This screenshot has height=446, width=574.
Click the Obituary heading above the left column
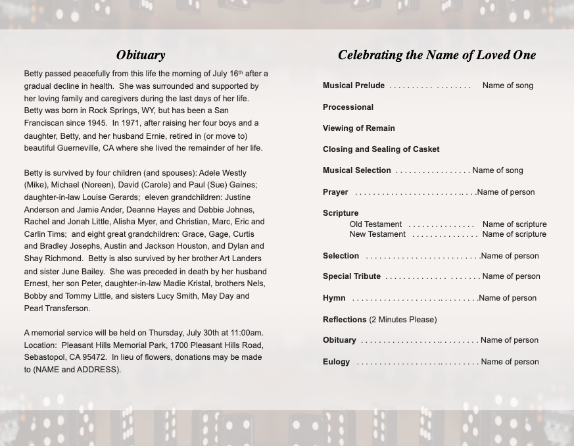coord(141,55)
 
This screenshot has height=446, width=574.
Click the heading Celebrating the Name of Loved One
coord(437,55)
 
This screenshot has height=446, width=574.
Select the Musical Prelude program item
coord(354,86)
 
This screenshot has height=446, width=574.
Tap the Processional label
coord(348,107)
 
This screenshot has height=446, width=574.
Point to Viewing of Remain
coord(358,128)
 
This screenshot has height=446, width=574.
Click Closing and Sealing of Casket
coord(381,149)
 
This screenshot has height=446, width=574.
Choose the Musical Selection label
coord(356,170)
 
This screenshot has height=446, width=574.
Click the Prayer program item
coord(335,192)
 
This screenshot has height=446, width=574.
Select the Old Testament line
coord(375,224)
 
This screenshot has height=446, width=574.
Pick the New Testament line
coord(377,234)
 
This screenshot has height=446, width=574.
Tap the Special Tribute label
coord(351,276)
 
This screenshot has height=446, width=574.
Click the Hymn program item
coord(334,298)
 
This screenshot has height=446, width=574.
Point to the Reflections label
coord(345,320)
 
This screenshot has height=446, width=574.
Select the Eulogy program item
coord(336,362)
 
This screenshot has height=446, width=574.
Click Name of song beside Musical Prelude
coord(508,86)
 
